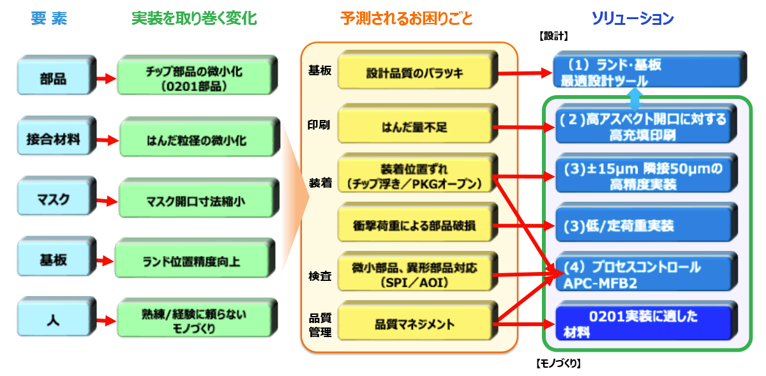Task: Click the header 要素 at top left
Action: pyautogui.click(x=49, y=19)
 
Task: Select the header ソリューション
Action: pyautogui.click(x=632, y=19)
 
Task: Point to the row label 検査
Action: pyautogui.click(x=319, y=276)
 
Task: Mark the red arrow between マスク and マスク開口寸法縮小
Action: pyautogui.click(x=106, y=201)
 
